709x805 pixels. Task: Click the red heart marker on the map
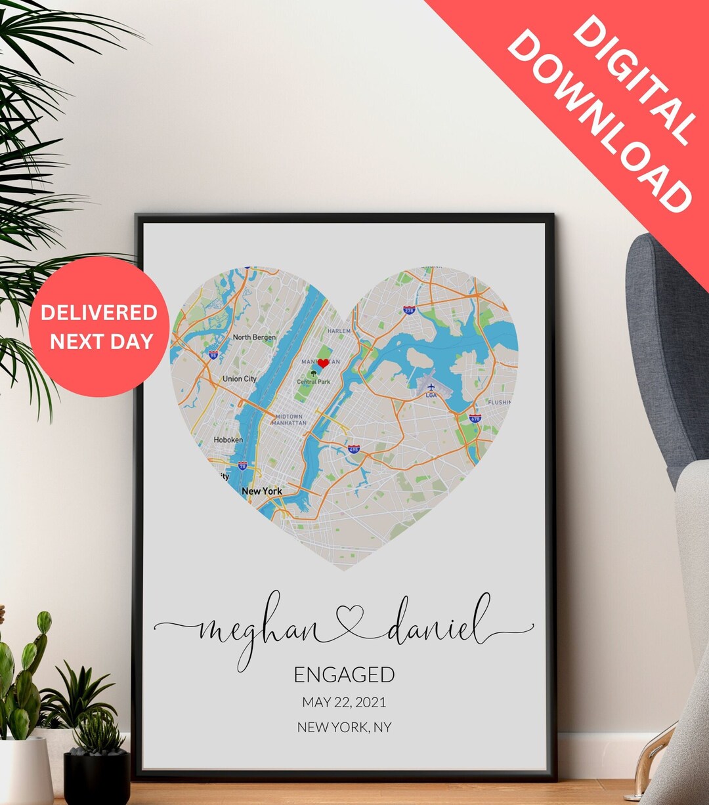(x=323, y=363)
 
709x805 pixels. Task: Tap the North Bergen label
(x=254, y=337)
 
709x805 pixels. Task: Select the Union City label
(x=239, y=379)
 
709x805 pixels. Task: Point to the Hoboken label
(x=228, y=440)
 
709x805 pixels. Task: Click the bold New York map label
(x=262, y=491)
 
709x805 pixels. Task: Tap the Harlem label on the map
(x=339, y=331)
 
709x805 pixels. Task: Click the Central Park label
(x=314, y=382)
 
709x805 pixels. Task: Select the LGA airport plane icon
(x=431, y=387)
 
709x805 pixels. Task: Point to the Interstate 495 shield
(x=354, y=449)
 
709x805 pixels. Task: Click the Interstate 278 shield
(x=409, y=310)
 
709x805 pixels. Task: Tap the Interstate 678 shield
(x=475, y=418)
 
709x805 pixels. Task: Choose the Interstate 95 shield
(x=213, y=355)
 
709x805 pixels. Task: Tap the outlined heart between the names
(x=350, y=620)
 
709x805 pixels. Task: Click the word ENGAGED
(x=344, y=674)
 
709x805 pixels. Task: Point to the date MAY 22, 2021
(x=344, y=702)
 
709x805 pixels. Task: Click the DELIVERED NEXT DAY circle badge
(x=99, y=327)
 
